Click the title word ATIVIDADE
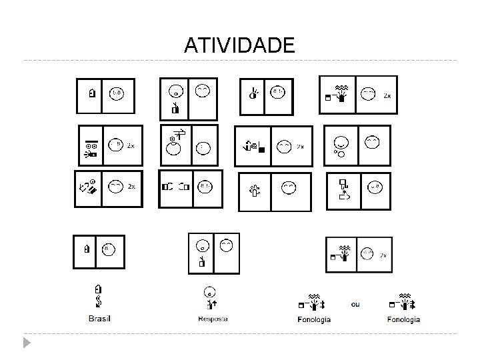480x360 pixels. pyautogui.click(x=239, y=45)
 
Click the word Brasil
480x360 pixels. pyautogui.click(x=99, y=319)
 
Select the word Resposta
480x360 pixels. pyautogui.click(x=213, y=319)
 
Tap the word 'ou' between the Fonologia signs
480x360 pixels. pyautogui.click(x=355, y=304)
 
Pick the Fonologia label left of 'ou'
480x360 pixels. pyautogui.click(x=314, y=319)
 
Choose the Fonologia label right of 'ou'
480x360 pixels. pyautogui.click(x=403, y=319)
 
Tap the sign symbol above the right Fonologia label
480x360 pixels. pyautogui.click(x=403, y=301)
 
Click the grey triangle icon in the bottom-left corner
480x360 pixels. pyautogui.click(x=26, y=343)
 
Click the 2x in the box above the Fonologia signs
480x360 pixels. pyautogui.click(x=383, y=255)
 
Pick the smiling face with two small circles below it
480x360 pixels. pyautogui.click(x=340, y=147)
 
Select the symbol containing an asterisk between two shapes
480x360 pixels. pyautogui.click(x=344, y=190)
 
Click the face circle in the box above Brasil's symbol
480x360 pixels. pyautogui.click(x=108, y=250)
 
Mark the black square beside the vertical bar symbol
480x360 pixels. pyautogui.click(x=262, y=150)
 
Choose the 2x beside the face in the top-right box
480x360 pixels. pyautogui.click(x=387, y=96)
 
